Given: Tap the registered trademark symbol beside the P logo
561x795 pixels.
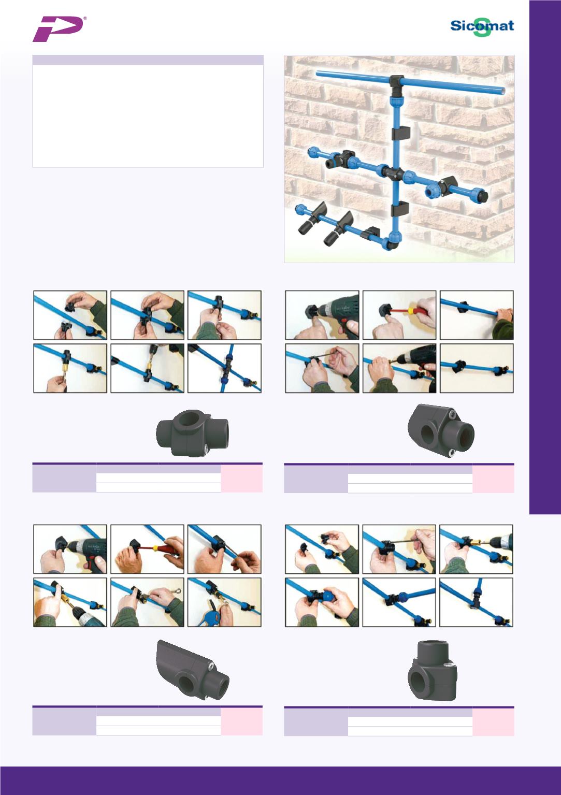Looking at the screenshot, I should [x=84, y=18].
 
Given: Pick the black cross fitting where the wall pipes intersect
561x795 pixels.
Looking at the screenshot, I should [x=394, y=172].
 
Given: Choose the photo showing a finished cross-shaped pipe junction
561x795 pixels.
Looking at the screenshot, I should [x=224, y=368].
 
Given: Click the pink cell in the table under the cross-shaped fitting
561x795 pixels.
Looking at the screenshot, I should [x=241, y=478].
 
